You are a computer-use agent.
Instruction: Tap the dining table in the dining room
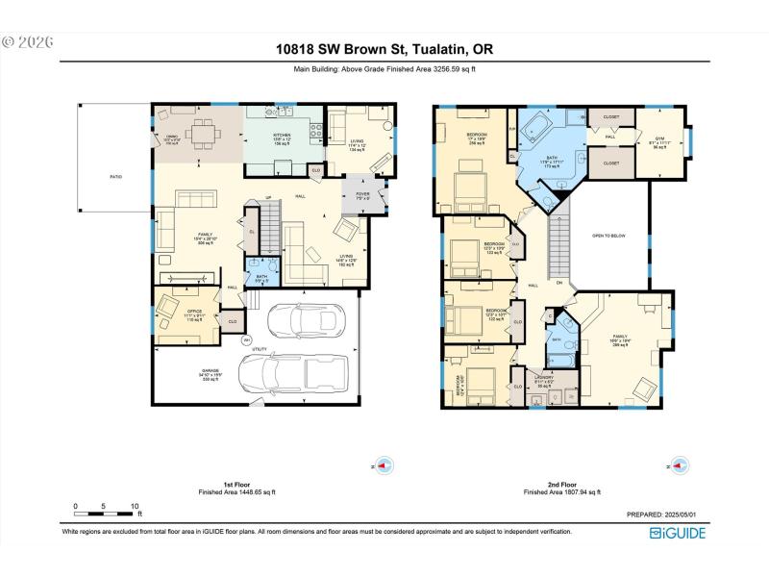201,134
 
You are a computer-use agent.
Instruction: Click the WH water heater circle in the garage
247,339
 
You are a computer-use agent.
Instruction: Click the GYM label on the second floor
660,140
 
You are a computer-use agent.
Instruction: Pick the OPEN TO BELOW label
612,234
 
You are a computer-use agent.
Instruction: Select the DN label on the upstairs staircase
559,282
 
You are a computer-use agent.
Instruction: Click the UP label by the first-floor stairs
268,198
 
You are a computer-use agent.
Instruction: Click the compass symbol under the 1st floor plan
384,465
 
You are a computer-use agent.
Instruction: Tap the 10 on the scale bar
136,506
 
